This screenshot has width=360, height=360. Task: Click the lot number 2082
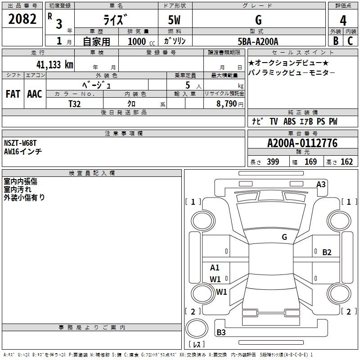click(x=22, y=19)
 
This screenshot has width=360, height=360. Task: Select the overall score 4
click(x=343, y=21)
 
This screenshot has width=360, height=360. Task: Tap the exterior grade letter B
click(x=336, y=41)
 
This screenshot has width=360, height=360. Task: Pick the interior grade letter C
click(x=350, y=41)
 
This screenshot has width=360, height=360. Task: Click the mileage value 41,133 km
click(x=54, y=65)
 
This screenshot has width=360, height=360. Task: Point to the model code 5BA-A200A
click(x=258, y=41)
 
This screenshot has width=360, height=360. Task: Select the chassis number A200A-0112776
click(x=302, y=143)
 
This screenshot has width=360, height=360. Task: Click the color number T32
click(x=74, y=104)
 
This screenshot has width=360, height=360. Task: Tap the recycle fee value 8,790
click(x=226, y=104)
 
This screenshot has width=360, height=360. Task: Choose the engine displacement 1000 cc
click(x=141, y=41)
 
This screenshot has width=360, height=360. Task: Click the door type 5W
click(x=174, y=20)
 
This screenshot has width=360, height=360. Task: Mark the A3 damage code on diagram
click(x=321, y=184)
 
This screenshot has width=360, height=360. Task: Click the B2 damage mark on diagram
click(x=327, y=252)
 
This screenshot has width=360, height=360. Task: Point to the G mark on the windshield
click(x=284, y=237)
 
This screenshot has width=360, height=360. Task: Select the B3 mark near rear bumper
click(x=221, y=332)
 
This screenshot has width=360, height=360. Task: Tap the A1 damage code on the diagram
click(x=215, y=267)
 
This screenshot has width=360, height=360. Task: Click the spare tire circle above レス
click(x=197, y=328)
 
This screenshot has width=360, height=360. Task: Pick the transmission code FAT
click(x=13, y=94)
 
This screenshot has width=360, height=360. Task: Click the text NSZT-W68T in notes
click(x=20, y=143)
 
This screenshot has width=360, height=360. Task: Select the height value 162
click(x=346, y=162)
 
